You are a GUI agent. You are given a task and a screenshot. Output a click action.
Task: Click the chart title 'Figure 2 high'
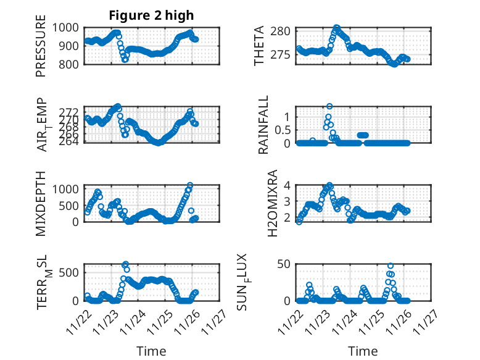151,15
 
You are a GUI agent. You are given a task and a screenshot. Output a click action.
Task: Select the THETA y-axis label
259,46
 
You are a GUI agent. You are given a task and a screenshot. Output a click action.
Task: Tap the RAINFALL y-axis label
263,125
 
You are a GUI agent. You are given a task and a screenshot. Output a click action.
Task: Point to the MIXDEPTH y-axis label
41,203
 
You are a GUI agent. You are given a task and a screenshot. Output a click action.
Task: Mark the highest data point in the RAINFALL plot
329,106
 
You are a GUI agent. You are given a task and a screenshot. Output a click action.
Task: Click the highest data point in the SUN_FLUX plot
391,266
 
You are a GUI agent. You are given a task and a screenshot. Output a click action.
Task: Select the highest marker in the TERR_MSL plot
125,264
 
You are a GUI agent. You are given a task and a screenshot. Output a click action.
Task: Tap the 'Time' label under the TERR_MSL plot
151,351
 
